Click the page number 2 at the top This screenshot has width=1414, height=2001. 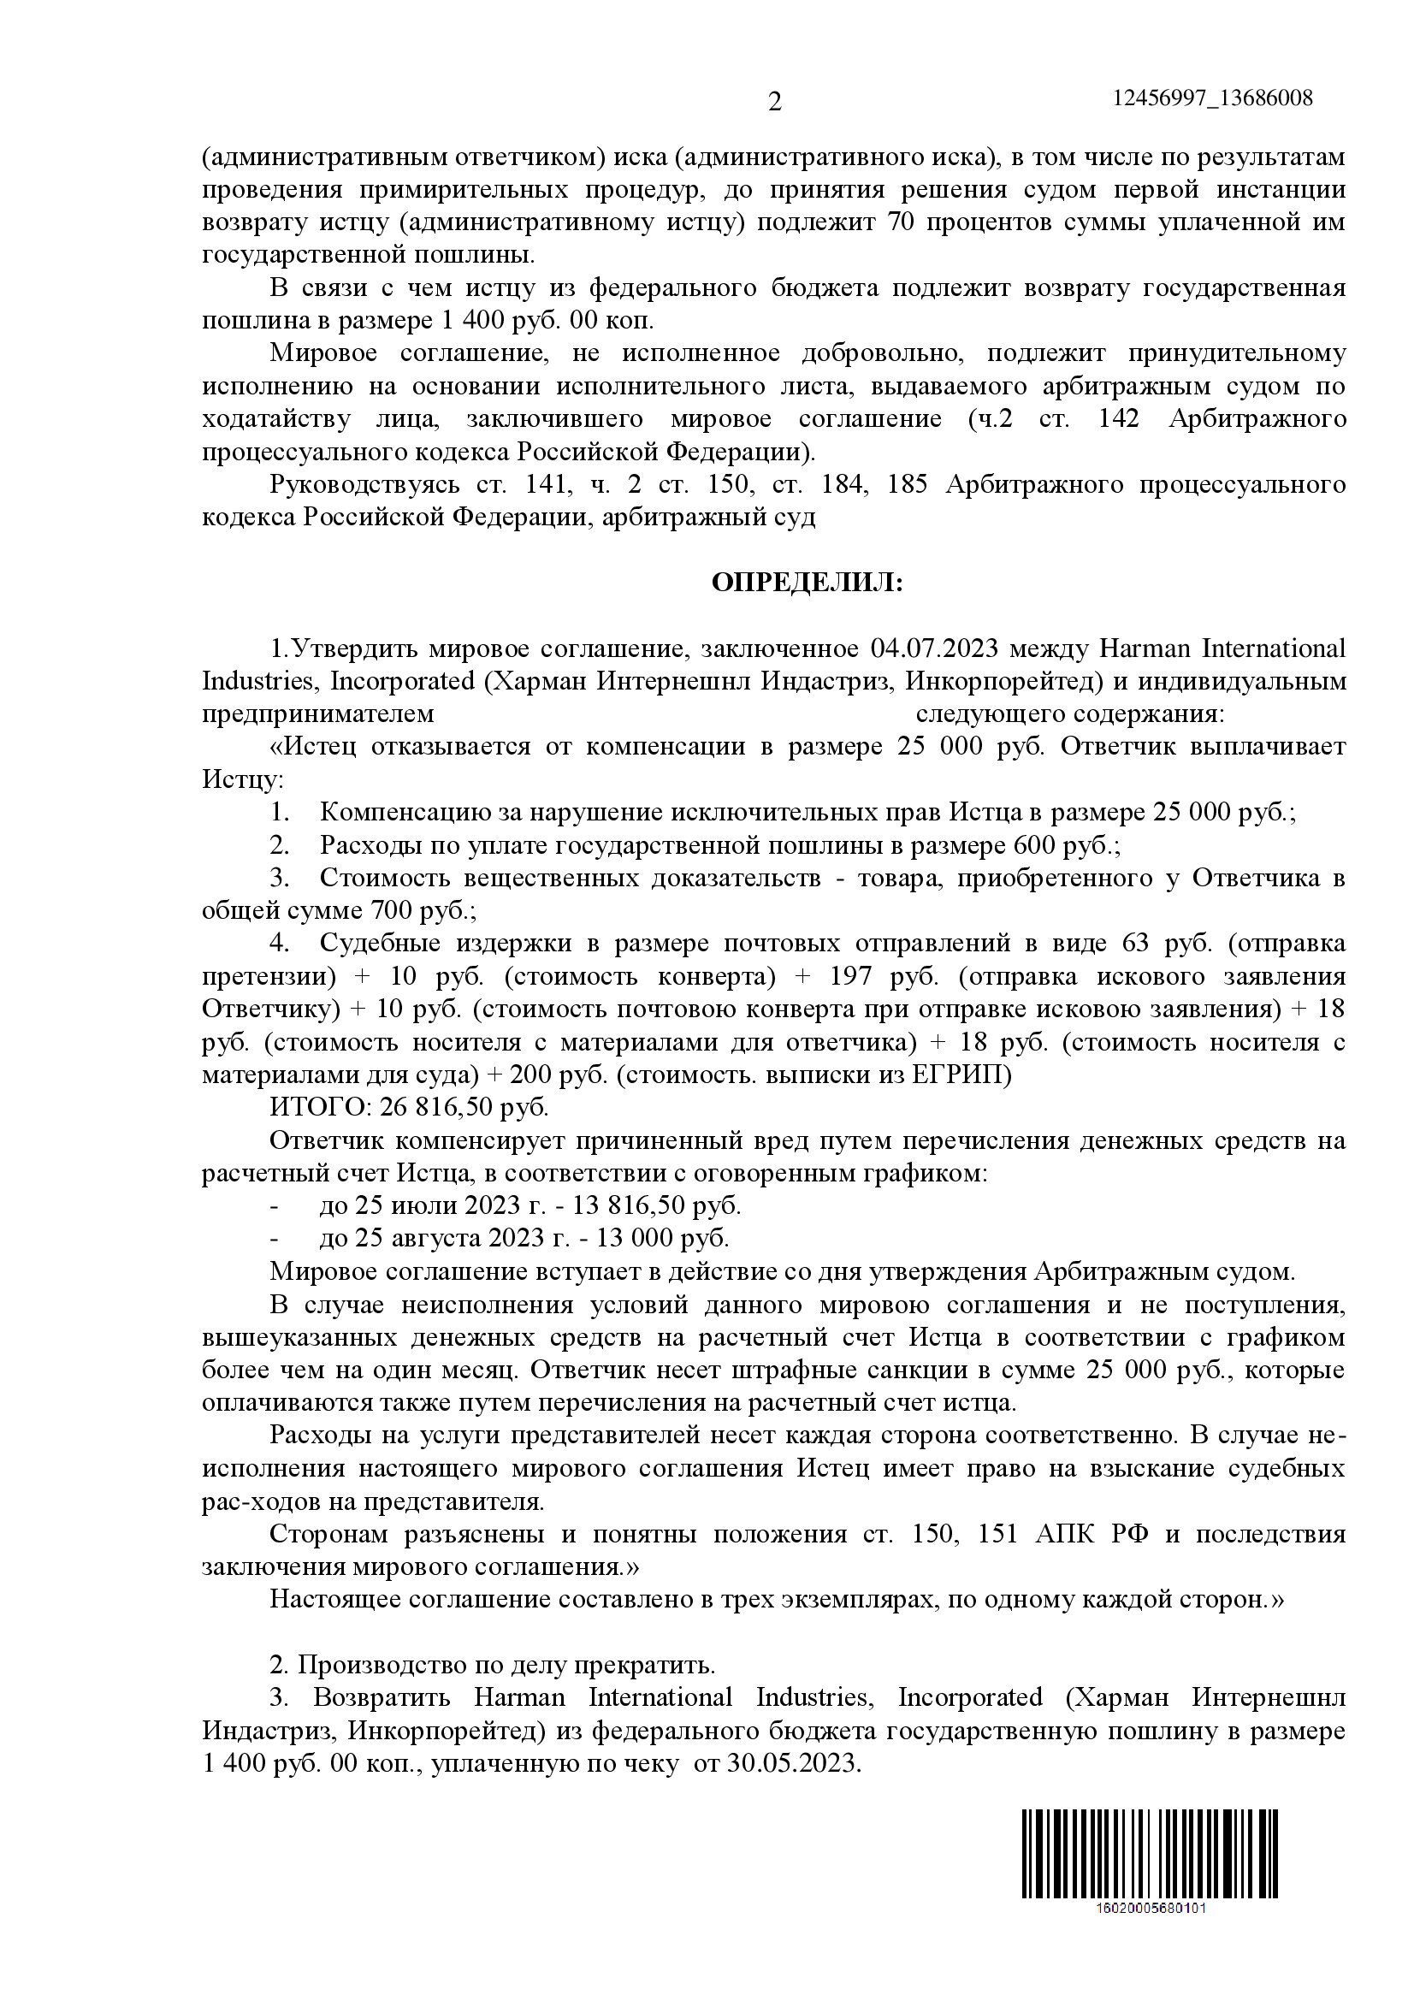coord(774,103)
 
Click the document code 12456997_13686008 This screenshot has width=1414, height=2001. coord(1213,98)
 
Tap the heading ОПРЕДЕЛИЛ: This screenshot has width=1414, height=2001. coord(808,583)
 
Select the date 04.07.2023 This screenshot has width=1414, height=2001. coord(933,649)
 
